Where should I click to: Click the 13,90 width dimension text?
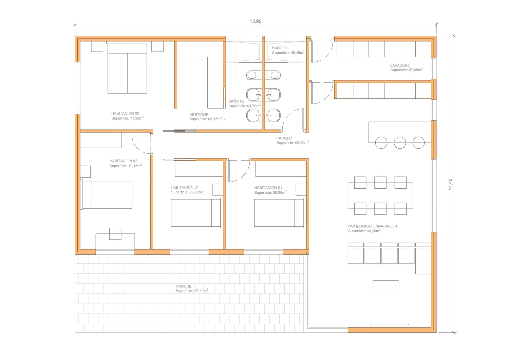point(256,21)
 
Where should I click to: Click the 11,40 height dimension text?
point(450,184)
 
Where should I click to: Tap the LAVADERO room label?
point(400,65)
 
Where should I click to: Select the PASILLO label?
point(284,138)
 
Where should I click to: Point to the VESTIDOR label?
point(199,115)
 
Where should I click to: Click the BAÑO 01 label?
point(280,48)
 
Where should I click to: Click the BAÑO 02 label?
point(236,101)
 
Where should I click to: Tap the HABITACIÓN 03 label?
point(125,113)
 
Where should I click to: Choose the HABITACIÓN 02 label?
point(123,161)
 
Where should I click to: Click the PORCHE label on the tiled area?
point(183,286)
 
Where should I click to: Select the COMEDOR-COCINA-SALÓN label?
point(373,226)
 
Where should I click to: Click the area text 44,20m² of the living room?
point(373,231)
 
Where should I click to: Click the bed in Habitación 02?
point(106,195)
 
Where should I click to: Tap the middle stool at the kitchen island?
point(400,143)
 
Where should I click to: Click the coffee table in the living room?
point(386,286)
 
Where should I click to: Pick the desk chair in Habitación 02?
point(115,234)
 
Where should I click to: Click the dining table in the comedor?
point(380,196)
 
